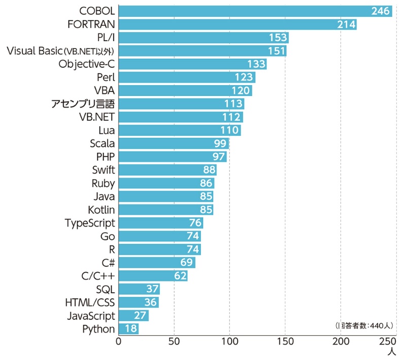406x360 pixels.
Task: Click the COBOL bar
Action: pyautogui.click(x=254, y=11)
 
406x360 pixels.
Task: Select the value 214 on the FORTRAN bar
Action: pyautogui.click(x=347, y=24)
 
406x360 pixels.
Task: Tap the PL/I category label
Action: pyautogui.click(x=106, y=38)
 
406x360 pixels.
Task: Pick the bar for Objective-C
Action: pyautogui.click(x=193, y=64)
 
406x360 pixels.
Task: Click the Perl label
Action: pyautogui.click(x=106, y=77)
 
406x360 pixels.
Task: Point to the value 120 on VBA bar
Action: pyautogui.click(x=242, y=90)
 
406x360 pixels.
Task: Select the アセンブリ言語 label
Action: pyautogui.click(x=83, y=104)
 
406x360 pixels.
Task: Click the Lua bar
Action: pyautogui.click(x=178, y=130)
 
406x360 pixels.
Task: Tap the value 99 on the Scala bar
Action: pyautogui.click(x=220, y=143)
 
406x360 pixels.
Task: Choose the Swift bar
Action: pyautogui.click(x=167, y=170)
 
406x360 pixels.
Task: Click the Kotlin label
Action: pyautogui.click(x=101, y=209)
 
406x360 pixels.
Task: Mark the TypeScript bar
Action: pyautogui.click(x=160, y=223)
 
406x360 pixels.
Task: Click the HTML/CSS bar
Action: pyautogui.click(x=139, y=302)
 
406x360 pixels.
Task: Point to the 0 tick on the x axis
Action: pyautogui.click(x=118, y=341)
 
